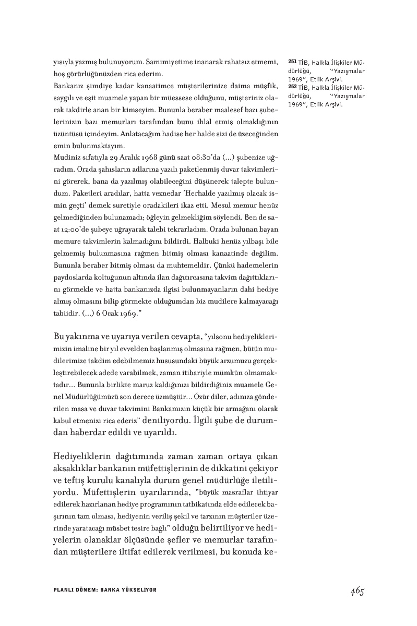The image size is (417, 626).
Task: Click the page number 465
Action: (x=357, y=591)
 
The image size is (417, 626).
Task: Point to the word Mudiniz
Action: (x=66, y=156)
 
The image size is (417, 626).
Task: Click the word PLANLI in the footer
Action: (x=63, y=590)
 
